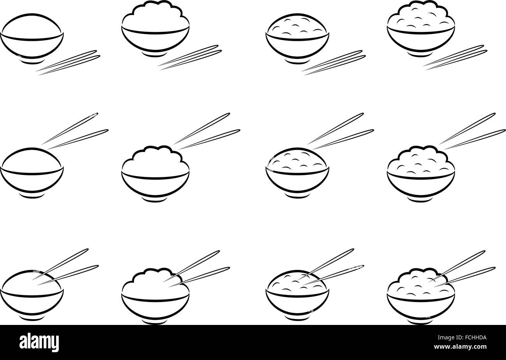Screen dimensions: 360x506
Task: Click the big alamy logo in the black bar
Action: click(x=40, y=342)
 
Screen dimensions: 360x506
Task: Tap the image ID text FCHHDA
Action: click(x=474, y=339)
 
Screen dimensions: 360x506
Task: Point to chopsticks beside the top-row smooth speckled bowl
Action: click(x=334, y=62)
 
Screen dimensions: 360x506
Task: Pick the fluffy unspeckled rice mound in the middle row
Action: click(x=155, y=159)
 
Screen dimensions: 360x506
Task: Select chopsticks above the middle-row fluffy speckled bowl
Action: click(x=473, y=131)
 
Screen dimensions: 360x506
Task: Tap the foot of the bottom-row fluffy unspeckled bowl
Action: click(x=155, y=320)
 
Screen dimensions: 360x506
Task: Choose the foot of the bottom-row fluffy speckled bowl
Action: click(x=421, y=320)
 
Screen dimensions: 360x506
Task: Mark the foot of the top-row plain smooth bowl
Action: click(x=32, y=61)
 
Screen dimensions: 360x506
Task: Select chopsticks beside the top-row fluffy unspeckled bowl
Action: click(x=190, y=57)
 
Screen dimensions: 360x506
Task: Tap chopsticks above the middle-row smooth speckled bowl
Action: click(x=341, y=131)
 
